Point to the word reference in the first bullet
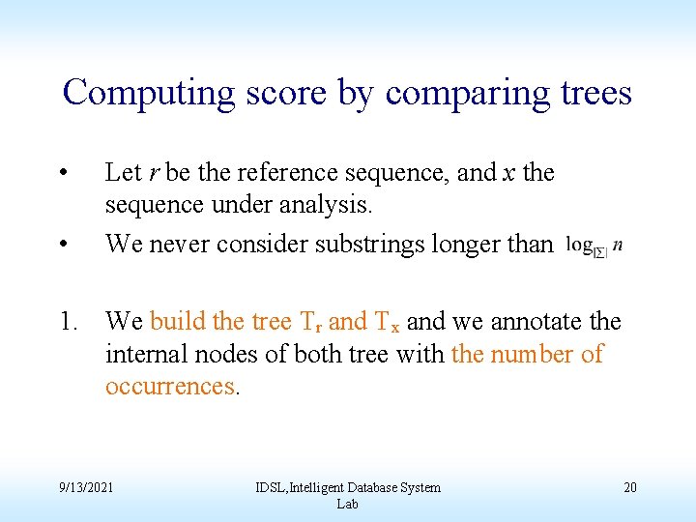pos(303,173)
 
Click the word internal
pos(145,354)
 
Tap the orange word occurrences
pos(170,387)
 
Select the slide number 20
pos(629,487)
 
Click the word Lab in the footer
pos(347,505)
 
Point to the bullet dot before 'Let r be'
pos(62,174)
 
